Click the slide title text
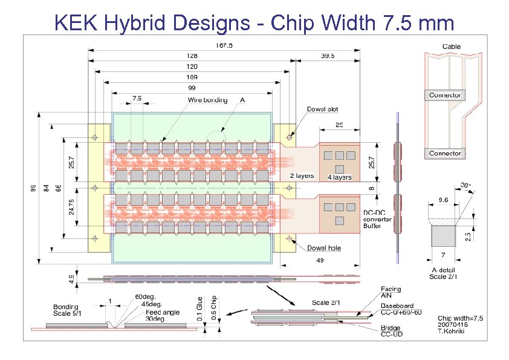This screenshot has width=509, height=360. click(x=254, y=22)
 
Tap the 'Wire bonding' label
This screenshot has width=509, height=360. click(x=208, y=100)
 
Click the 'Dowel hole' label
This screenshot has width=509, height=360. click(x=325, y=247)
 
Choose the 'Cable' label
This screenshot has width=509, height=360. click(x=451, y=47)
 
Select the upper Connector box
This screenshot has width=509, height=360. click(x=445, y=95)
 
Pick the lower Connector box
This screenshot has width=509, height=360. click(x=445, y=153)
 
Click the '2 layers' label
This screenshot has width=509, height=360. click(x=302, y=175)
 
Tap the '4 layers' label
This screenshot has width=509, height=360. click(x=340, y=177)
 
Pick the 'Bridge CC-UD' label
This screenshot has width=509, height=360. click(x=392, y=330)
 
